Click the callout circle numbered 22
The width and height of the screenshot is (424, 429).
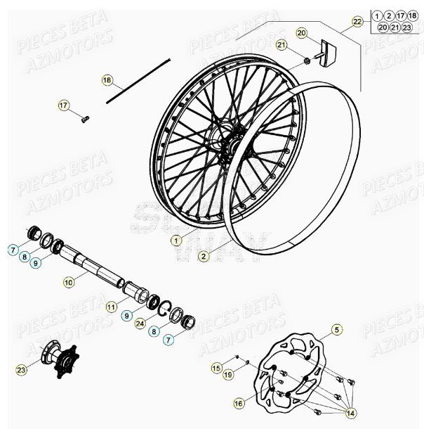tap(357, 22)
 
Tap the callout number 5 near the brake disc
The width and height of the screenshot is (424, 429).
tap(336, 329)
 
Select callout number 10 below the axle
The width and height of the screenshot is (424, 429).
tap(68, 282)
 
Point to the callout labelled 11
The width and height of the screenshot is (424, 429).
tap(111, 307)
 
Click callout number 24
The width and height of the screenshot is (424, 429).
tap(139, 324)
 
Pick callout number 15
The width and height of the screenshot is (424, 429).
tap(217, 368)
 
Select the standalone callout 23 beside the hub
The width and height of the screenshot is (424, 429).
tap(22, 369)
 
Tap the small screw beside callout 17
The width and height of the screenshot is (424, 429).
tap(84, 117)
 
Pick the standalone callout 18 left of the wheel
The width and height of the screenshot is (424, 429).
tap(107, 80)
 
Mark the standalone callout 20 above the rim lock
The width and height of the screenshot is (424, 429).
tap(302, 33)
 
